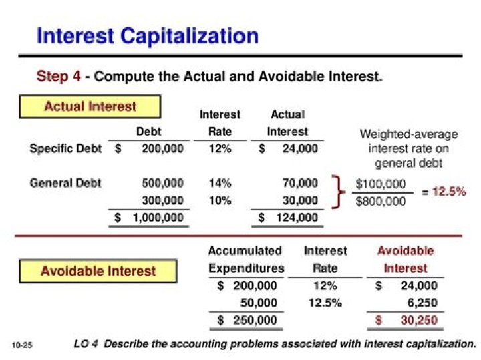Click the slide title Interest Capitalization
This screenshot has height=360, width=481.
pyautogui.click(x=148, y=35)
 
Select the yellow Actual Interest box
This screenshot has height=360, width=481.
pyautogui.click(x=90, y=107)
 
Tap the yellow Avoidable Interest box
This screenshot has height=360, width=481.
pyautogui.click(x=98, y=271)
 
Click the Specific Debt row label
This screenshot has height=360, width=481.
pyautogui.click(x=65, y=149)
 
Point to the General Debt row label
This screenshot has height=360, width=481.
pyautogui.click(x=65, y=182)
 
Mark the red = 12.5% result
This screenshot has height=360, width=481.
pyautogui.click(x=444, y=192)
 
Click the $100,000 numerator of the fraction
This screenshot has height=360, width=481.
pyautogui.click(x=381, y=184)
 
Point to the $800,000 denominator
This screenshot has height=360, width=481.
pyautogui.click(x=381, y=200)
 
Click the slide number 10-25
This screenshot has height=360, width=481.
pyautogui.click(x=22, y=345)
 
